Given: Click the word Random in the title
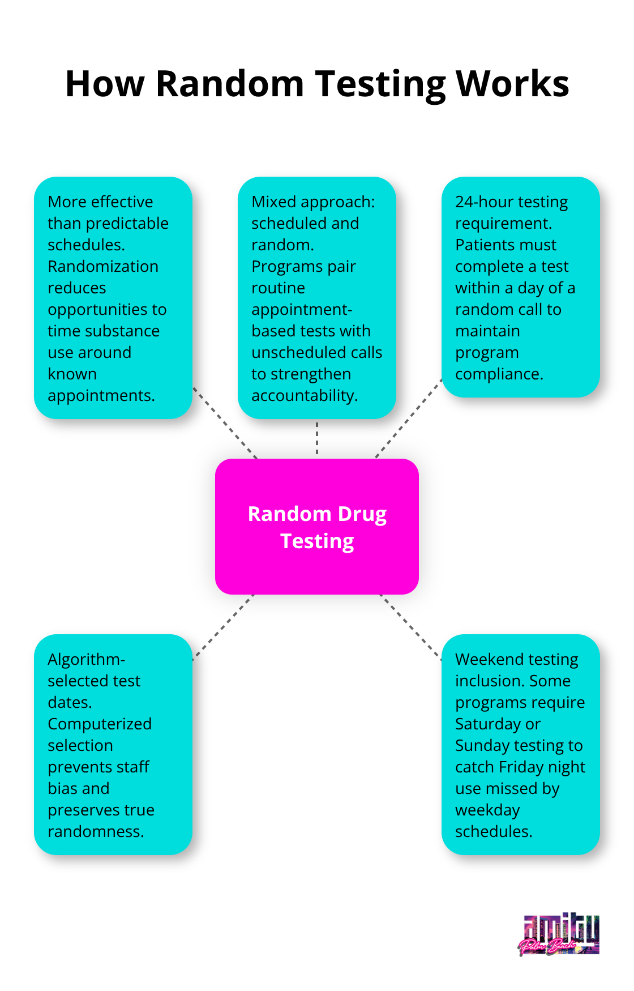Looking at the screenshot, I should click(x=230, y=84).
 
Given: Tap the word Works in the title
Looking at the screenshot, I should click(x=512, y=84).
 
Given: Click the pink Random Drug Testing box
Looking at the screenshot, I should click(x=317, y=527).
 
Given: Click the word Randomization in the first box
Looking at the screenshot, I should click(x=103, y=266).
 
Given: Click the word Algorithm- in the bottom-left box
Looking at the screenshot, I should click(x=86, y=659).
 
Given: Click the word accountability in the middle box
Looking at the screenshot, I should click(x=304, y=395).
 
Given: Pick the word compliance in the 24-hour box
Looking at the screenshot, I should click(x=499, y=374).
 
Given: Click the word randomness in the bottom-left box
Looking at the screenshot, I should click(x=95, y=831).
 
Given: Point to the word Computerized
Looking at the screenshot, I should click(x=100, y=724).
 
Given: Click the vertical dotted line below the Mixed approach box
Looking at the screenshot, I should click(x=317, y=438).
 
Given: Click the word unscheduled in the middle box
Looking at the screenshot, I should click(x=299, y=352).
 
